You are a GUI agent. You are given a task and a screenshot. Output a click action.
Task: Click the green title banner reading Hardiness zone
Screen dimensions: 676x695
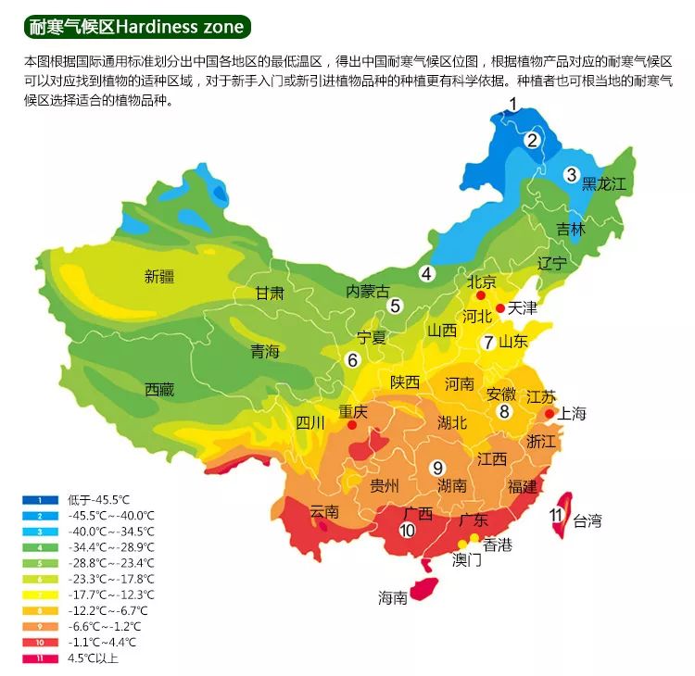[x=137, y=27]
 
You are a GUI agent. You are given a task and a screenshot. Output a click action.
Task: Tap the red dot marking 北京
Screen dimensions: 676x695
[x=480, y=295]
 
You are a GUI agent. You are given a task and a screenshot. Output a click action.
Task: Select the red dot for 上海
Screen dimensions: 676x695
[x=549, y=413]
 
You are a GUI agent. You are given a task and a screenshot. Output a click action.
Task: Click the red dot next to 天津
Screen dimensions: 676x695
[x=500, y=308]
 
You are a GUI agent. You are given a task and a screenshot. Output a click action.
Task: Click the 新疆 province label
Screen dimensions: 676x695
[x=159, y=275]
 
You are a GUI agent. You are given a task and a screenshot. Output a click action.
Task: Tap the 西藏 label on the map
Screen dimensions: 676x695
[x=159, y=390]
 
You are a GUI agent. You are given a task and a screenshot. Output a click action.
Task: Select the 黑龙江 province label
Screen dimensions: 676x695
[x=604, y=183]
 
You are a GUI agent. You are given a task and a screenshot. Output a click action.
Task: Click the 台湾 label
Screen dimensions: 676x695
[x=588, y=520]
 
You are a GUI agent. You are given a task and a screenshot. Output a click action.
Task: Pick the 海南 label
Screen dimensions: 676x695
[x=392, y=598]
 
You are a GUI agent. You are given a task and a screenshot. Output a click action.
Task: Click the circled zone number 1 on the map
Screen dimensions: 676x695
[x=512, y=105]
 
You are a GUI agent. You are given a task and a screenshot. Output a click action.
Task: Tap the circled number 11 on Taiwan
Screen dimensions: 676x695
[x=556, y=516]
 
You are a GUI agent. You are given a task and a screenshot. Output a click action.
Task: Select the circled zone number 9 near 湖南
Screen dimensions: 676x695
[x=437, y=467]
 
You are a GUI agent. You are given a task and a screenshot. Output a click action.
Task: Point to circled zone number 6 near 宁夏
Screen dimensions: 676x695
[x=352, y=359]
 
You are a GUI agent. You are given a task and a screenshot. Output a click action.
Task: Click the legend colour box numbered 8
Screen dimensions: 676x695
[x=41, y=611]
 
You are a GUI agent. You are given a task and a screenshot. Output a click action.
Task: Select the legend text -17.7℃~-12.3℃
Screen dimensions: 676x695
[x=110, y=595]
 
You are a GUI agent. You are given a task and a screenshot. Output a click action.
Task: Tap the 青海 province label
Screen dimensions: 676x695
[x=264, y=352]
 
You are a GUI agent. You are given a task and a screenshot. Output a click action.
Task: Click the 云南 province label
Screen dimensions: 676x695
[x=324, y=511]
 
